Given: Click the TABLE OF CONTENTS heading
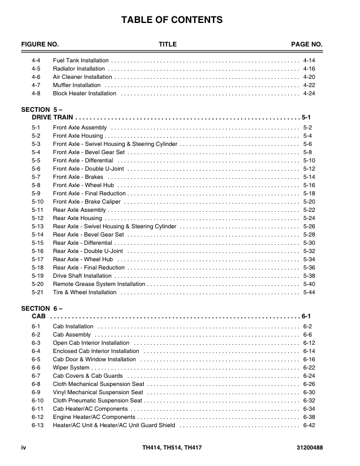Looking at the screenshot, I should coord(172,21).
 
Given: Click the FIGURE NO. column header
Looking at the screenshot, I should coord(40,45).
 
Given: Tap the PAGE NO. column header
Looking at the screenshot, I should coord(307,45).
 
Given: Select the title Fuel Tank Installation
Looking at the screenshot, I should coord(81,61).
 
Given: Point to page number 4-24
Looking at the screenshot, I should coord(309,94).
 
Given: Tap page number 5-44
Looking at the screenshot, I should coord(309,292).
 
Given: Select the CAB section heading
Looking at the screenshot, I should coord(38,316).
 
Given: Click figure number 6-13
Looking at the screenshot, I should coord(37,425).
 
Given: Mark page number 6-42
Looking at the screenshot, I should coord(309,425).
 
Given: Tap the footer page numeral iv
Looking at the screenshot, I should coord(24,449).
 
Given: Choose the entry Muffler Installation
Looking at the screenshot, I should coord(76,85).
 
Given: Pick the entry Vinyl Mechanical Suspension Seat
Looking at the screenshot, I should coord(98,392).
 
